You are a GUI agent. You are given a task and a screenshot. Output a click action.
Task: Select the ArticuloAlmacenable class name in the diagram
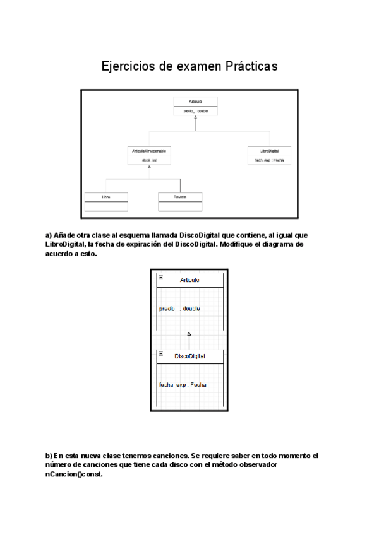(149, 151)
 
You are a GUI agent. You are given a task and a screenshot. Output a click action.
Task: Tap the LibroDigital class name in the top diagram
(270, 151)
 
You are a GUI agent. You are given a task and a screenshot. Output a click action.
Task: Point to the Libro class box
(105, 201)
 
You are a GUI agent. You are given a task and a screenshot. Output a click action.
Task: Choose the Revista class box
(180, 201)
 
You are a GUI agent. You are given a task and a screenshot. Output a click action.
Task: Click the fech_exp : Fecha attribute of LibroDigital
(269, 160)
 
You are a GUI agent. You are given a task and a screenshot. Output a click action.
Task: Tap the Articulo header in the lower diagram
(189, 280)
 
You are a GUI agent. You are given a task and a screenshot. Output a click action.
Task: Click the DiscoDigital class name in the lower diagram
(189, 357)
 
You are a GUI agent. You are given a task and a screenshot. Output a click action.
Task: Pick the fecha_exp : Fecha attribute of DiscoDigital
(183, 385)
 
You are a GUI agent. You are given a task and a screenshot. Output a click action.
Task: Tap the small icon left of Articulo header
(160, 278)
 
